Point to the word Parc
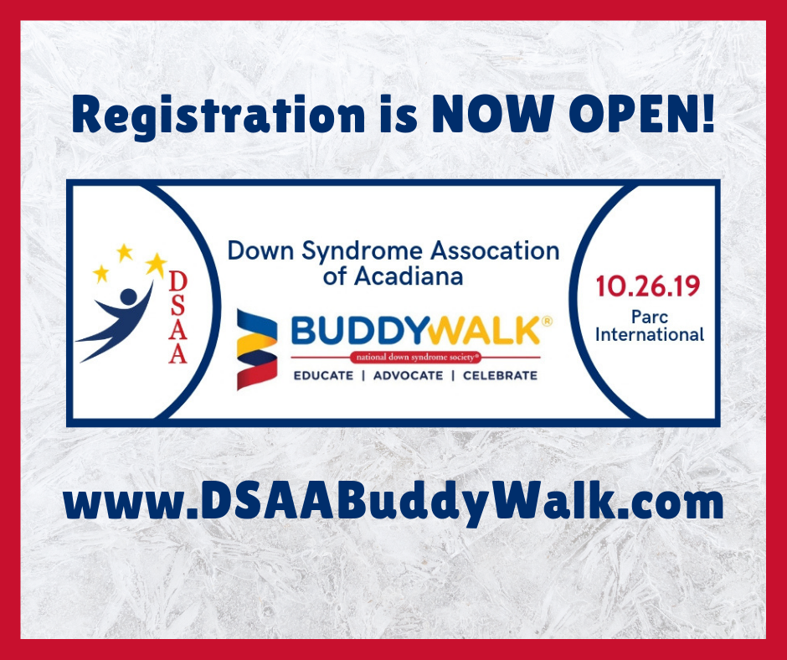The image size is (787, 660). tap(649, 317)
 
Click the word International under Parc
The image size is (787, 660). tap(649, 335)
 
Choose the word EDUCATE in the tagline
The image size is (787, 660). tap(323, 375)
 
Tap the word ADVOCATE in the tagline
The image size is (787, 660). tap(408, 375)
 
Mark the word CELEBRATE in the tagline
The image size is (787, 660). tap(499, 375)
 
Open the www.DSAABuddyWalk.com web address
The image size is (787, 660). tap(393, 503)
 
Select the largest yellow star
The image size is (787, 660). tap(156, 265)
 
